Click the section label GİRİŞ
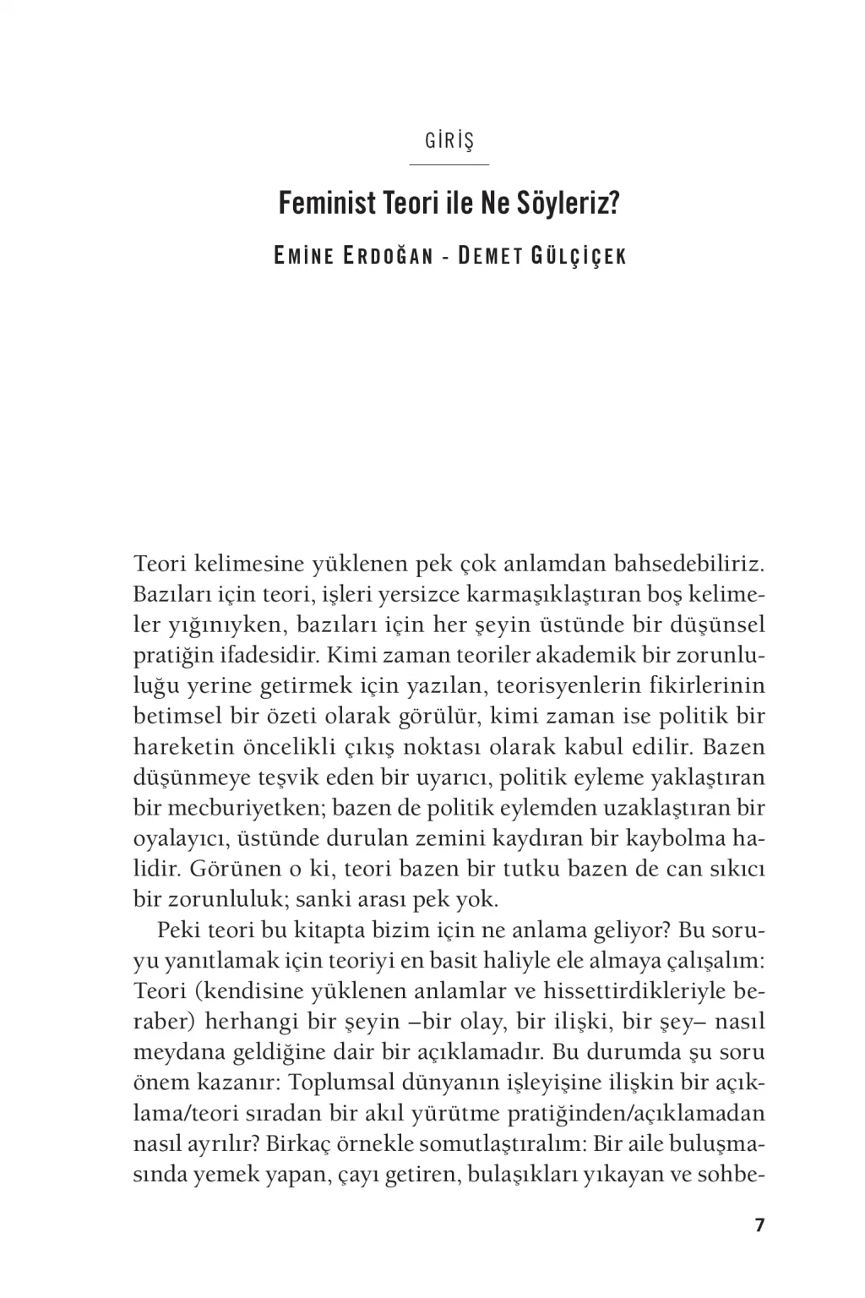coord(449,140)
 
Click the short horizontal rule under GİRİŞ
coord(449,164)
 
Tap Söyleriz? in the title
coord(574,205)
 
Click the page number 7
coord(759,1224)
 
